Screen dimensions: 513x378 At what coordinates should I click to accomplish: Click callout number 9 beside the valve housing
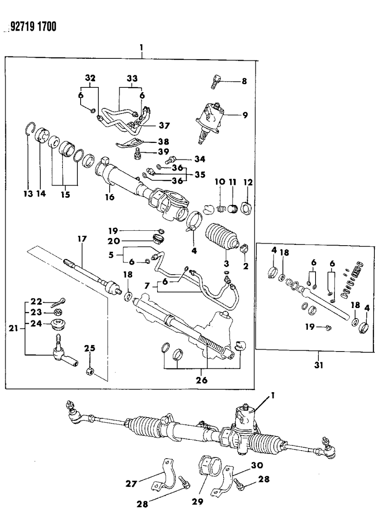[x=245, y=115]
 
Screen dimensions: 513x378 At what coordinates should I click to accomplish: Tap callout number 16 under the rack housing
[x=110, y=197]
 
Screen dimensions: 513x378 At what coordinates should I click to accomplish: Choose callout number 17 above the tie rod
[x=82, y=239]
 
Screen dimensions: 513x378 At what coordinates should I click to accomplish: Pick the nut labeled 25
[x=90, y=371]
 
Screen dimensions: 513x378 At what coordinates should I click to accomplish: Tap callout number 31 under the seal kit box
[x=318, y=366]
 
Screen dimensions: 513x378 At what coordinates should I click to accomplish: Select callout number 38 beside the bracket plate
[x=152, y=142]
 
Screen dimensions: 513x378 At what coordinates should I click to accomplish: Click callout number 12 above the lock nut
[x=247, y=183]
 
